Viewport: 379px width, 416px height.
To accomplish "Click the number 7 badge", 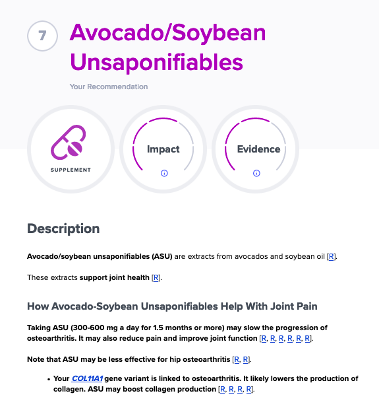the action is pos(42,36).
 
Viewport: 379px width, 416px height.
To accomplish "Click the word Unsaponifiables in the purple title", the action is pos(156,63).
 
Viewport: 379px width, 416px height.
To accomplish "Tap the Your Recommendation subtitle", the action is pos(109,87).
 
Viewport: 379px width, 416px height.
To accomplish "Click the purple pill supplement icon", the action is pos(69,142).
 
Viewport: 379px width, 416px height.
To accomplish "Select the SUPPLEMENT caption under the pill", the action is pos(71,170).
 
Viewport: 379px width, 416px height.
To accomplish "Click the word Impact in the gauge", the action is pos(163,149).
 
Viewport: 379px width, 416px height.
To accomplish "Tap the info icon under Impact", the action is pos(164,173).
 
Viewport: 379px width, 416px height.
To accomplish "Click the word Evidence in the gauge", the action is pos(258,149).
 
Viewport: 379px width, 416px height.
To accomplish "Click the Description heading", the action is pos(63,228).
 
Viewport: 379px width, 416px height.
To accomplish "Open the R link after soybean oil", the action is pos(331,257).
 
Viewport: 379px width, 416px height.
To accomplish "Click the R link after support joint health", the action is pos(156,277).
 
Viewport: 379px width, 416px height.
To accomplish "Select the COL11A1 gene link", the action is pos(87,378).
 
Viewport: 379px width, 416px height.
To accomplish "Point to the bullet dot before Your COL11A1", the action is pos(49,379).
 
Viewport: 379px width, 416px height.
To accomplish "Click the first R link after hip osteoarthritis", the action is pos(237,359).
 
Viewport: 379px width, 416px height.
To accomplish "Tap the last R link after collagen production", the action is pos(249,389).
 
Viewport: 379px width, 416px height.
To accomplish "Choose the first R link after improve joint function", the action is pos(264,338).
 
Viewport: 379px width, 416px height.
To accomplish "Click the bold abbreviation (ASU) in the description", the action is pos(162,257).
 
